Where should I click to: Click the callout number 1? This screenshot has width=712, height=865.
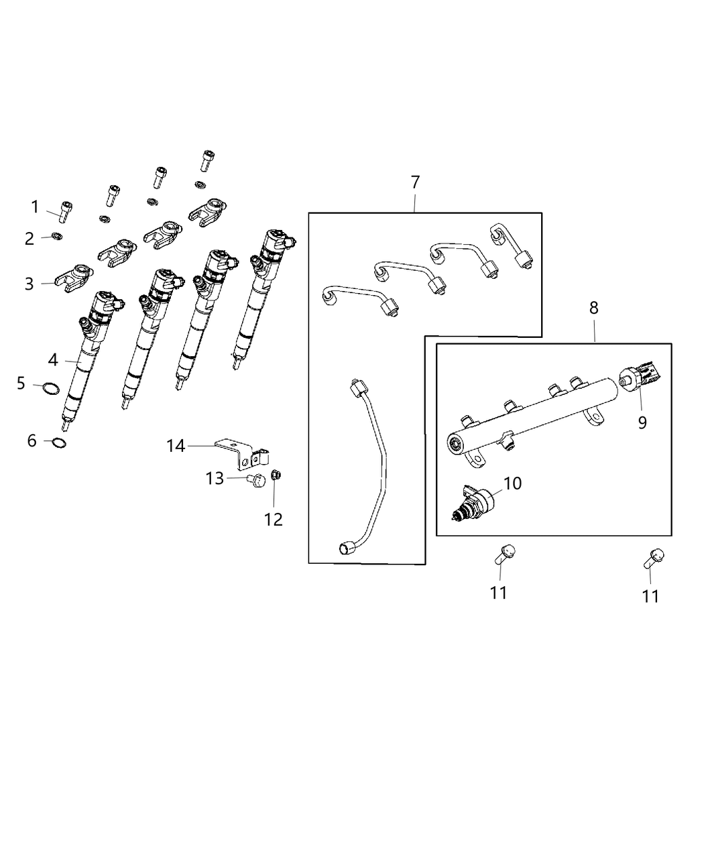(x=35, y=206)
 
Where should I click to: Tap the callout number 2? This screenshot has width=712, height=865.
(x=29, y=238)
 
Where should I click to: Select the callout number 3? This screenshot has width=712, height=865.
(x=29, y=284)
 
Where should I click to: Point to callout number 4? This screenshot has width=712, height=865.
(x=53, y=360)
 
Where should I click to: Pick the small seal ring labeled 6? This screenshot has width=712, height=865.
(x=59, y=444)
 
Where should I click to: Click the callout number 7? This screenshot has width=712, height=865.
(x=415, y=182)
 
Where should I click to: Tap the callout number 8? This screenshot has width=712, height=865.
(x=594, y=307)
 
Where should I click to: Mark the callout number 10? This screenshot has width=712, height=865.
(x=513, y=483)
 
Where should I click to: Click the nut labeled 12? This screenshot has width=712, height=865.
(x=276, y=474)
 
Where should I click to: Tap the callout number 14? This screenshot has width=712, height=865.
(x=176, y=446)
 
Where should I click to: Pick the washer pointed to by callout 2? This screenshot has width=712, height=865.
(x=58, y=237)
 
